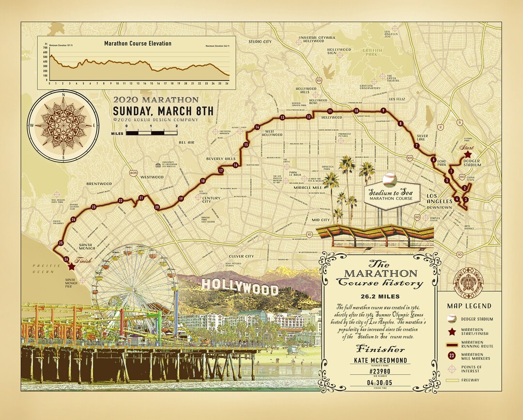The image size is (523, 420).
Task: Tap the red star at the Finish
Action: coord(72,266)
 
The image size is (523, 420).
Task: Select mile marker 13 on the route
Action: coord(282,117)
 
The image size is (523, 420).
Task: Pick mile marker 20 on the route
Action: coord(157,207)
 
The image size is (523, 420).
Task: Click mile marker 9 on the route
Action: coord(383,110)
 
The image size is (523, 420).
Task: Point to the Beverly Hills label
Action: coord(221,158)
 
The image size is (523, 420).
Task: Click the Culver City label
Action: coord(241,256)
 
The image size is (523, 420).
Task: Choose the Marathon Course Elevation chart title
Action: coord(138,44)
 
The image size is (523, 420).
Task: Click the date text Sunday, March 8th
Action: coord(163,111)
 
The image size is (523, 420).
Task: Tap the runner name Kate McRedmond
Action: coord(379,360)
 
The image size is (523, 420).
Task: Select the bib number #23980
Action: coord(379,372)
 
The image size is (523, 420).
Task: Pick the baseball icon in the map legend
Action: coord(452,319)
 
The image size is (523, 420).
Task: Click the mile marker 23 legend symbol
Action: coord(452,356)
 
